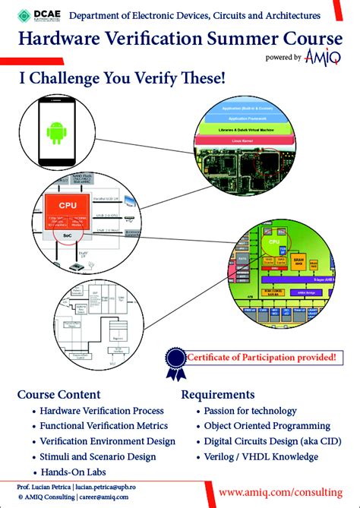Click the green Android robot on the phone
coord(56,134)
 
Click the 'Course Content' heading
coord(58,394)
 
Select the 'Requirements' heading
coord(218,394)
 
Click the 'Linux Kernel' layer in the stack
coord(261,140)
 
